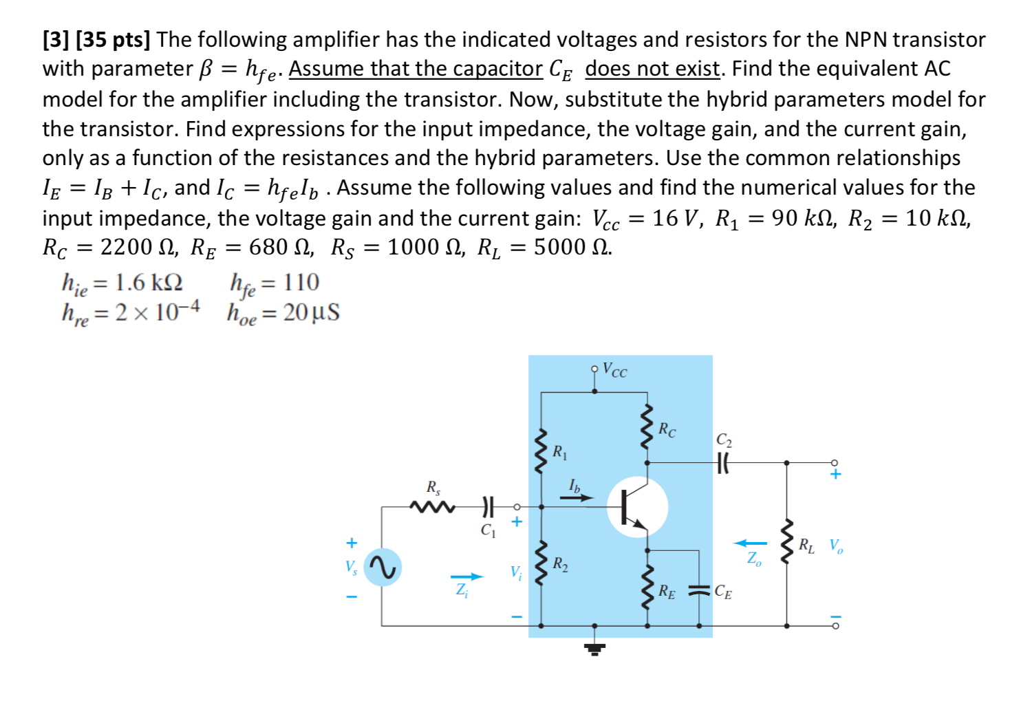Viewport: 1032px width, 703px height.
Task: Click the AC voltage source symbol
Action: [383, 567]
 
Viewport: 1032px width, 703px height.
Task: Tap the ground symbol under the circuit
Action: [595, 648]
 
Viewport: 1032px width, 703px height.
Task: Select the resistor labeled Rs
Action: [432, 508]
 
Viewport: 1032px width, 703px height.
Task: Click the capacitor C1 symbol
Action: [488, 508]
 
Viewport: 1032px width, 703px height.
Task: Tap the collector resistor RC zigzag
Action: [647, 428]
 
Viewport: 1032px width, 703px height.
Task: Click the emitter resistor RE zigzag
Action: [647, 588]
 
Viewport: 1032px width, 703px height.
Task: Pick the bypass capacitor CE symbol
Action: [699, 590]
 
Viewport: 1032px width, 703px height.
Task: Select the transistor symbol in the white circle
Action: [636, 508]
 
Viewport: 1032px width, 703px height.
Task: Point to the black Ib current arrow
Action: [577, 497]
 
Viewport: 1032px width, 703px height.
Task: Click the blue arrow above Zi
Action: [467, 576]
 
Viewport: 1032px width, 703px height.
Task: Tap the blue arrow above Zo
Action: [750, 543]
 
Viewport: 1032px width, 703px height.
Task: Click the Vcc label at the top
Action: [614, 370]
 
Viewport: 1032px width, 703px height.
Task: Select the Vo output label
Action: [836, 546]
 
